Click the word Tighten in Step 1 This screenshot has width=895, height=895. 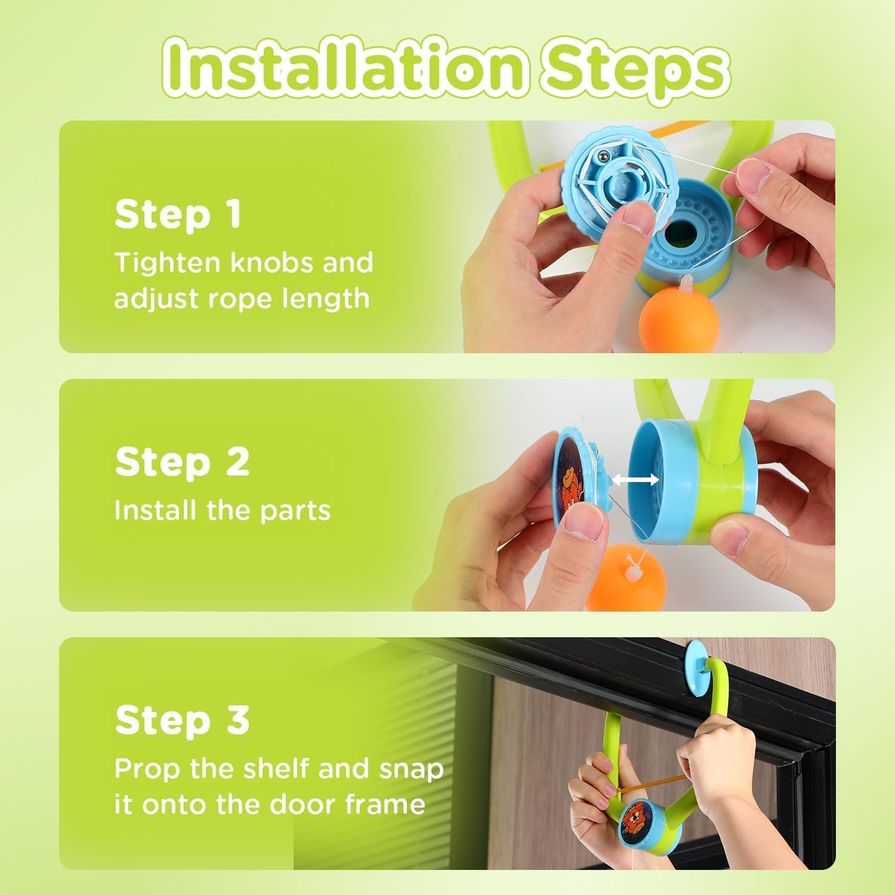(x=167, y=263)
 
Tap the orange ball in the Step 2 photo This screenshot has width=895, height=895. (x=621, y=579)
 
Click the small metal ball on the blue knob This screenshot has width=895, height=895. (x=603, y=156)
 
